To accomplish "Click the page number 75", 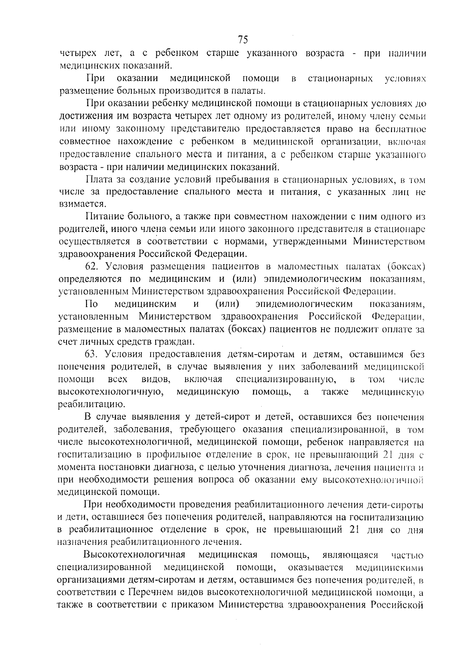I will click(x=243, y=40).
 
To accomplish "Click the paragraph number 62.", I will click(x=92, y=266).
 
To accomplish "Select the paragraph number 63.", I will click(x=92, y=354).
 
